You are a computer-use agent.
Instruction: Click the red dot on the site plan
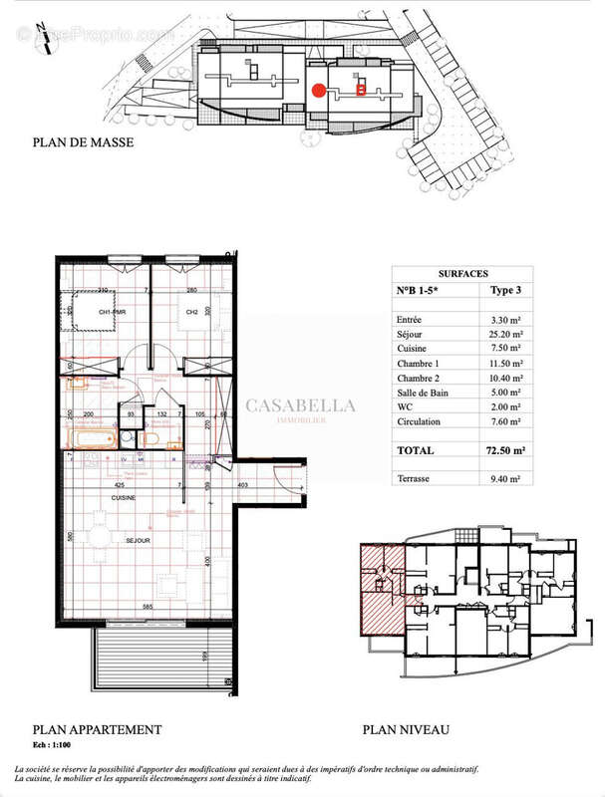click(x=318, y=90)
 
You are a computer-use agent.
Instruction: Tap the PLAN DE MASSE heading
click(x=83, y=141)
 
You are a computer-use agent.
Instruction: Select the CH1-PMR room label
click(x=111, y=312)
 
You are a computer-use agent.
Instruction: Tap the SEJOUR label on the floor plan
click(x=138, y=541)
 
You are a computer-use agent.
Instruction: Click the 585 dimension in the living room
click(x=147, y=606)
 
